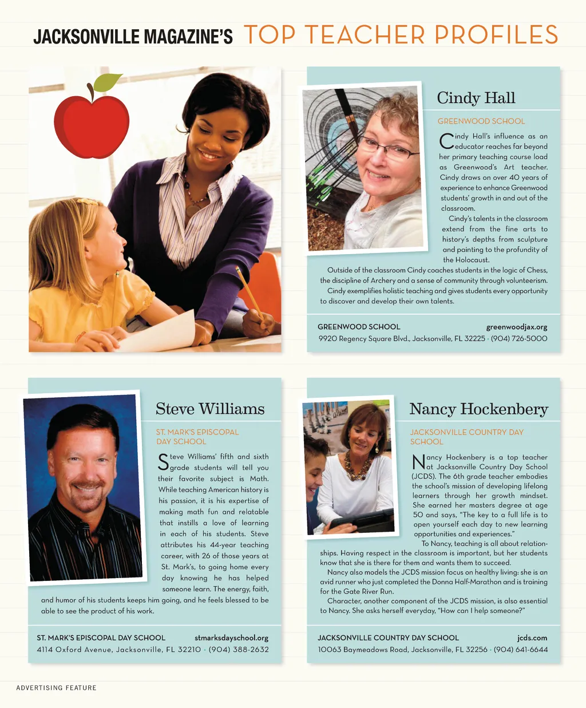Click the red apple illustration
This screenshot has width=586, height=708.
click(92, 126)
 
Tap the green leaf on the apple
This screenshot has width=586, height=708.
click(107, 82)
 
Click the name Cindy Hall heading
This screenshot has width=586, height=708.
click(476, 98)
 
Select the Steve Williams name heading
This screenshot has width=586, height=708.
click(210, 409)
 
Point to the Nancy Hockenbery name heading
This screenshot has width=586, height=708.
click(478, 409)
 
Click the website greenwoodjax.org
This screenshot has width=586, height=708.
click(517, 327)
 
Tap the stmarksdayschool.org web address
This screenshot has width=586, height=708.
click(231, 638)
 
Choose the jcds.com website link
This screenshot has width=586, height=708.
click(532, 638)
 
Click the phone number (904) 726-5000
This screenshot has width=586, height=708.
click(519, 338)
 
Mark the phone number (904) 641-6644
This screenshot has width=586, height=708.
click(521, 649)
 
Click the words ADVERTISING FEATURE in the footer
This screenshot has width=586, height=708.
click(56, 687)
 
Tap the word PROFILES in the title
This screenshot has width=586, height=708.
click(496, 35)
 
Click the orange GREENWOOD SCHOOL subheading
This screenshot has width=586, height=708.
click(481, 121)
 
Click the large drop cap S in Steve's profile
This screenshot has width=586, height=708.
click(163, 462)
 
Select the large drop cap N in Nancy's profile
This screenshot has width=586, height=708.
click(418, 462)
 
